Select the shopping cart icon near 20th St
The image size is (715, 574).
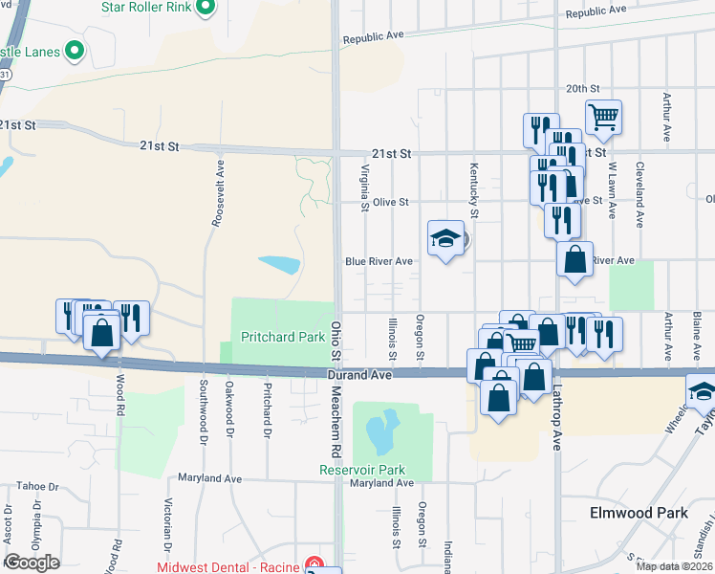(x=603, y=119)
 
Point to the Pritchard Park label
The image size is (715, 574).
(x=283, y=338)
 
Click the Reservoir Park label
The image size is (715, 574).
(x=362, y=470)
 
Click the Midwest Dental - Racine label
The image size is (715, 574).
(x=227, y=566)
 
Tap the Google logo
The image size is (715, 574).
(x=32, y=563)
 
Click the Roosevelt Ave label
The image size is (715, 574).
(x=220, y=193)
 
